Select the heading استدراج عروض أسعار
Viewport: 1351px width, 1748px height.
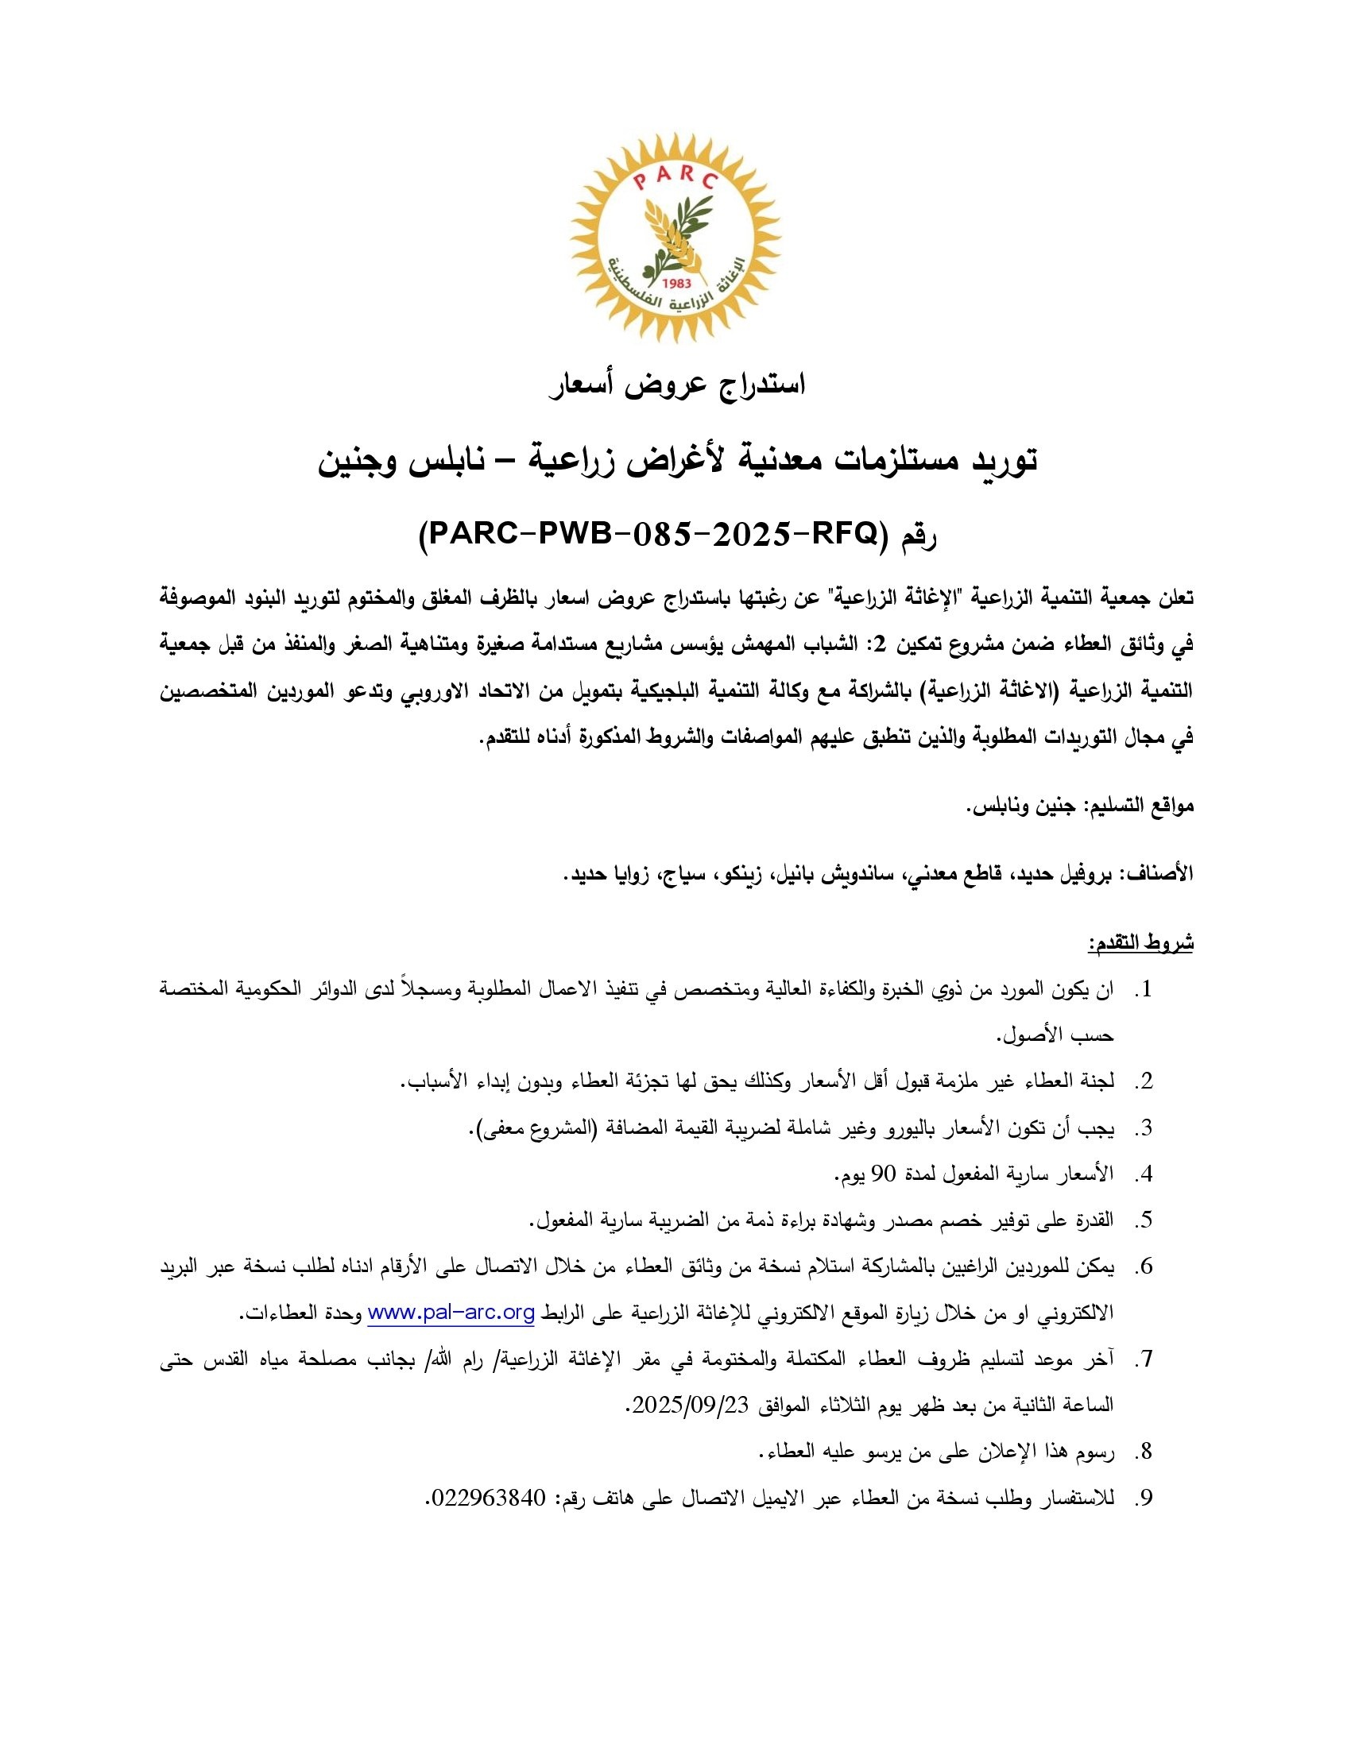click(676, 385)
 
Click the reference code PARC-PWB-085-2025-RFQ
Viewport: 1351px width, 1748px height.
click(649, 533)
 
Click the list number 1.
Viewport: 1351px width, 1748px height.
click(1144, 990)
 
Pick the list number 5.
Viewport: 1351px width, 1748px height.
click(1144, 1220)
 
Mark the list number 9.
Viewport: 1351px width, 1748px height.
click(1144, 1498)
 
